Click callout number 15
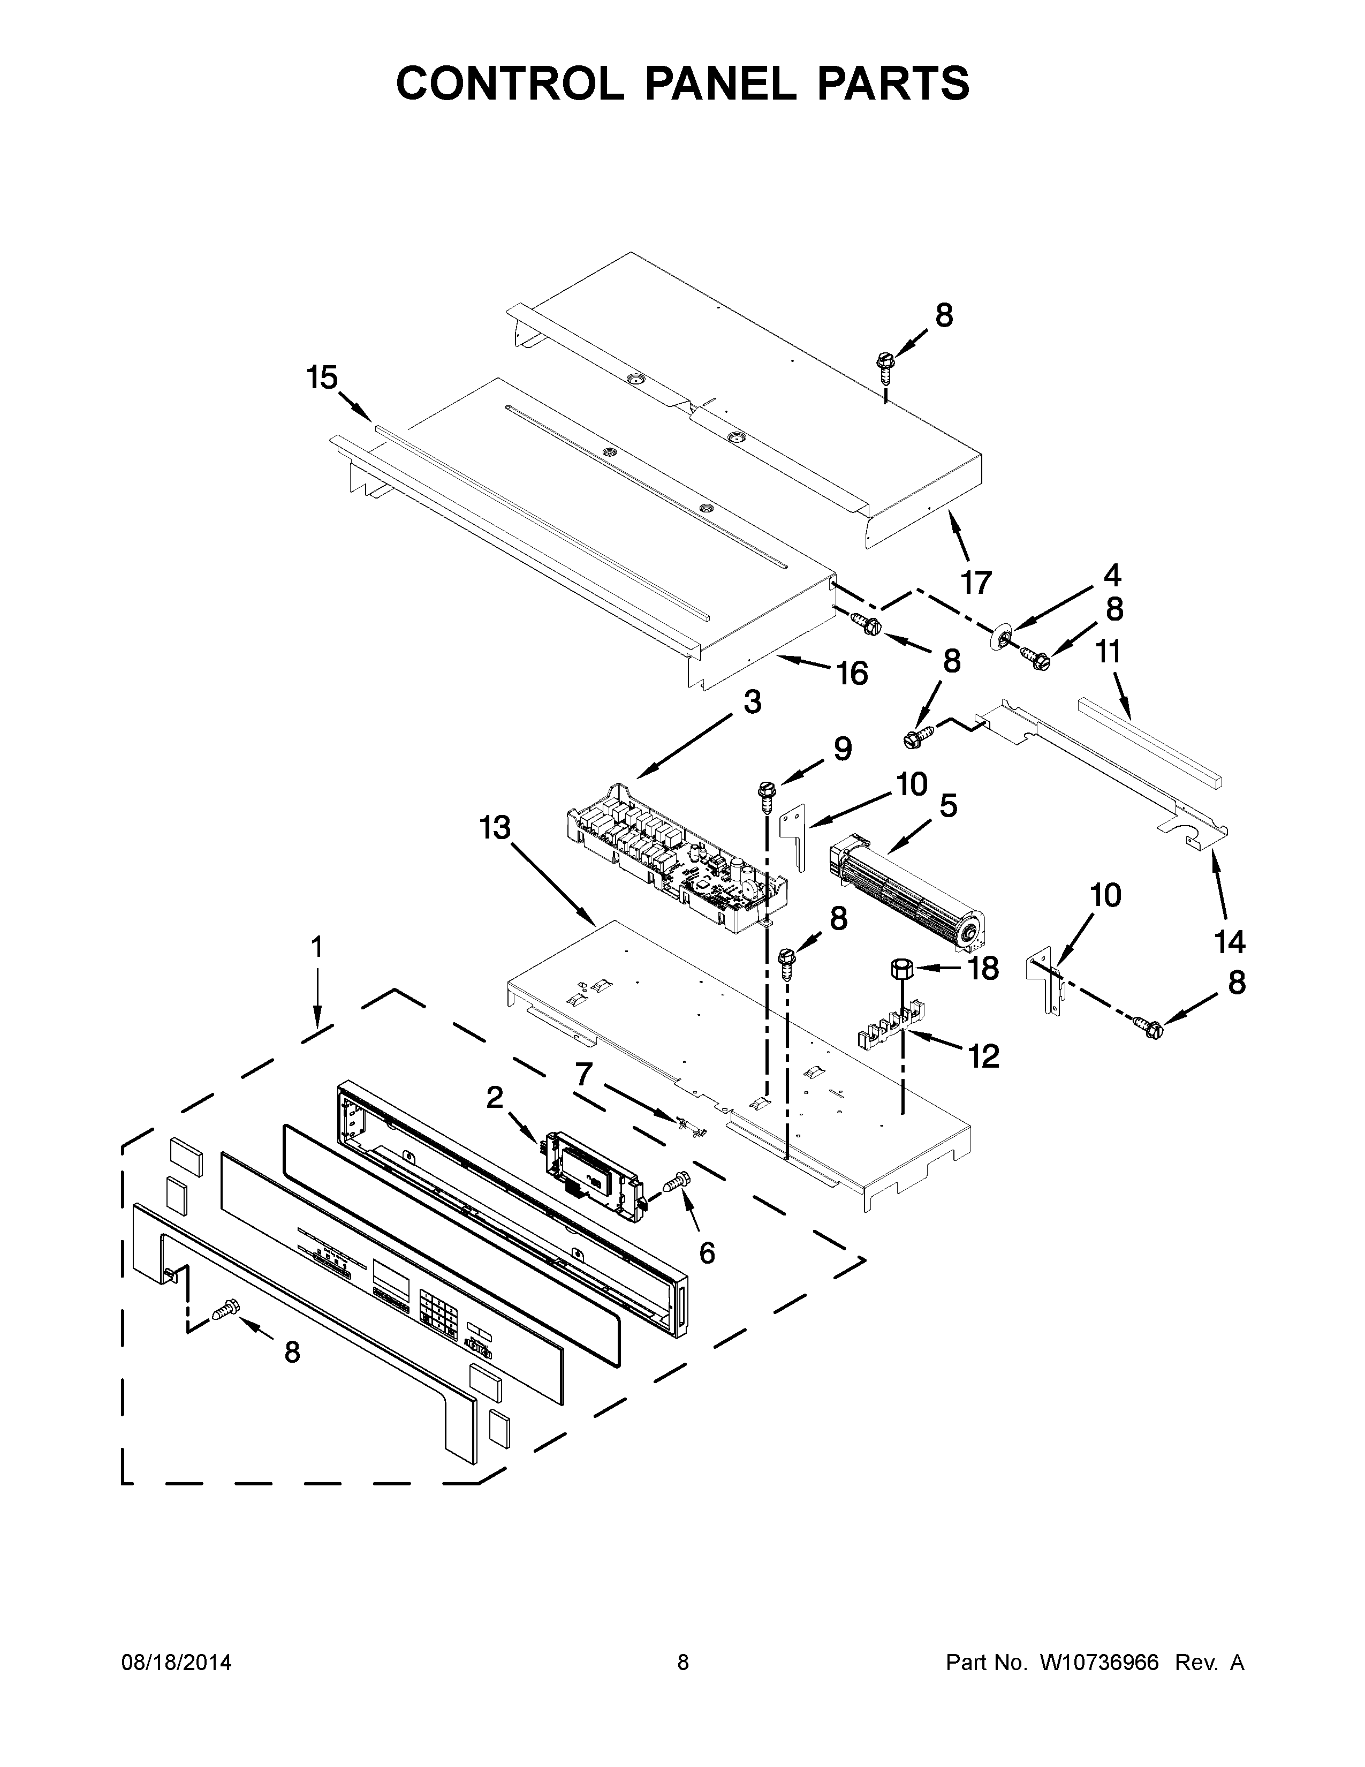point(322,378)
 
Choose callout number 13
point(495,828)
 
